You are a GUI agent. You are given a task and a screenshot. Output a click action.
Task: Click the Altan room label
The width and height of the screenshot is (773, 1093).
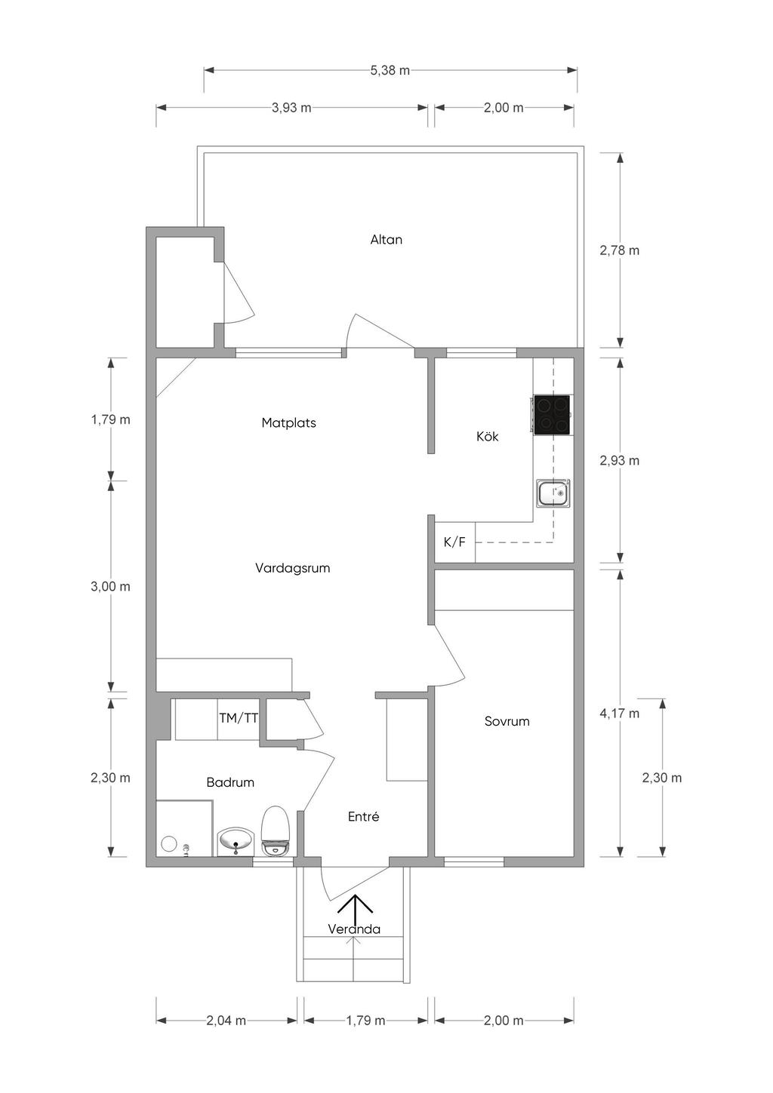point(386,240)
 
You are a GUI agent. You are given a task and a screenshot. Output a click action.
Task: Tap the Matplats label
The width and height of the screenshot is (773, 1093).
point(288,423)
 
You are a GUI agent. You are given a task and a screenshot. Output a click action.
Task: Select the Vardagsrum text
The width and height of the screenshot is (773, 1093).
point(292,568)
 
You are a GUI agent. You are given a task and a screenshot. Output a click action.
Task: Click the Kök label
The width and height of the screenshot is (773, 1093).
point(487,437)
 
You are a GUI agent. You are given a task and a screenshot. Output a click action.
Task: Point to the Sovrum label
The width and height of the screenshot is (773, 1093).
point(507,721)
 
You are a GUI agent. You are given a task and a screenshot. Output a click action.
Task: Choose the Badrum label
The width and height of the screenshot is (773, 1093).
point(230,782)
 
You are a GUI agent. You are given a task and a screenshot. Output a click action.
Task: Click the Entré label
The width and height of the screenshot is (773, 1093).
point(363,816)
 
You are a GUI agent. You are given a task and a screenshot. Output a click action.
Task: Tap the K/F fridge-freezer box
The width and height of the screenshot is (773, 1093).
point(454,542)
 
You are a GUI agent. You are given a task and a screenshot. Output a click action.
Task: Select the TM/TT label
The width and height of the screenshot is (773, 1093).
point(239,718)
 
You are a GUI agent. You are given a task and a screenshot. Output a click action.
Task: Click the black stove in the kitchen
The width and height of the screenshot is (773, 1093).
point(552,415)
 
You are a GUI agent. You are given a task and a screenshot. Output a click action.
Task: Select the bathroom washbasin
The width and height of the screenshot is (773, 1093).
point(236,841)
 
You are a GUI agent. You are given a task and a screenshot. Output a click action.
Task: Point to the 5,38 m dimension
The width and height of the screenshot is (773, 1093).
point(390,70)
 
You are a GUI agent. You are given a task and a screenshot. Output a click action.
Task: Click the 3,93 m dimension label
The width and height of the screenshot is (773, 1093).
point(291,108)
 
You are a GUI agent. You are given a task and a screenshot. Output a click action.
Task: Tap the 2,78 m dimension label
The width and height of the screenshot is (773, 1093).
point(619,250)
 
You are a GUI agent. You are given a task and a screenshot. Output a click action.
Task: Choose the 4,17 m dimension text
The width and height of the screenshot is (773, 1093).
point(619,713)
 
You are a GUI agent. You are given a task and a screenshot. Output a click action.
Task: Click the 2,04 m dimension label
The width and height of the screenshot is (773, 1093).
point(226,1021)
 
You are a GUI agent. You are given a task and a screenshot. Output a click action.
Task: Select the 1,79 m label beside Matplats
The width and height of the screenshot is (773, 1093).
point(110,419)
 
